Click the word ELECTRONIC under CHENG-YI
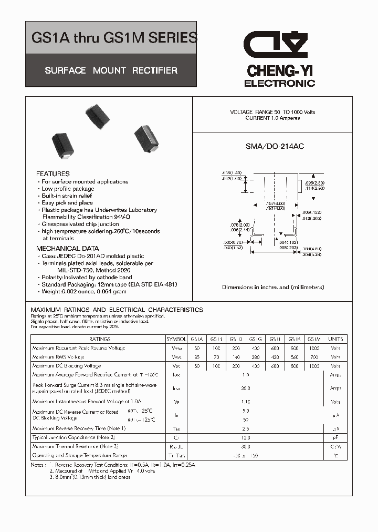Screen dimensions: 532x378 click(279, 84)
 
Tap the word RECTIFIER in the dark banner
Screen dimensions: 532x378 click(155, 70)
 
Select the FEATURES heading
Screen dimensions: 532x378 click(52, 173)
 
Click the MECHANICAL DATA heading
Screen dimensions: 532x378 click(67, 248)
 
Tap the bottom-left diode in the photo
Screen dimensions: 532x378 click(63, 146)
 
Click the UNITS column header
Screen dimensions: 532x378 click(335, 340)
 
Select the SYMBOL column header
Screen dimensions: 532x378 click(176, 340)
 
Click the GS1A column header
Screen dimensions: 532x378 click(197, 340)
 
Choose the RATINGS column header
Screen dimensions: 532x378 click(100, 340)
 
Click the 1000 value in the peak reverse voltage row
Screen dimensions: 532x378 click(314, 349)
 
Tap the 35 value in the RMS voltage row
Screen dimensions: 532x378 click(197, 357)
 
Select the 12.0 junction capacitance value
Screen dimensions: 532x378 click(245, 437)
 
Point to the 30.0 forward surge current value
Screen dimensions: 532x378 click(245, 388)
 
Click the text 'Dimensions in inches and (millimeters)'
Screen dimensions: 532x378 click(273, 287)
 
